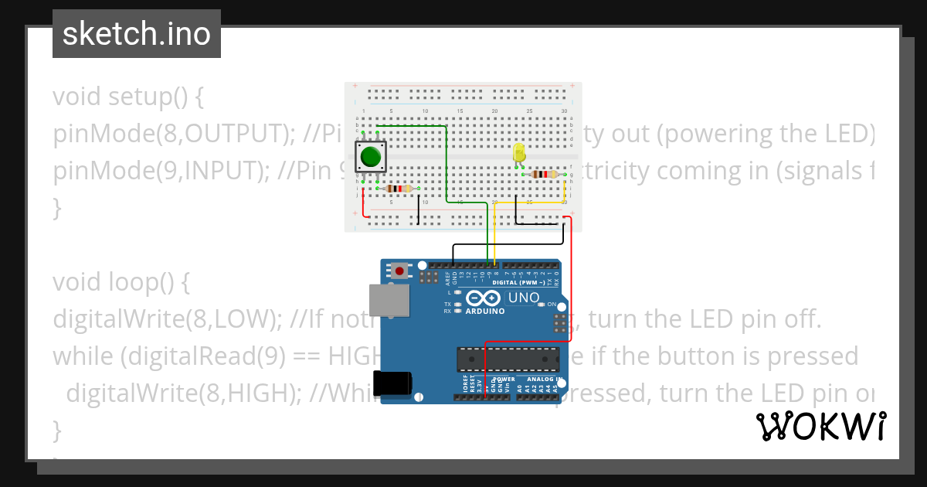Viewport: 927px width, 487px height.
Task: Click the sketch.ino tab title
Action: tap(136, 34)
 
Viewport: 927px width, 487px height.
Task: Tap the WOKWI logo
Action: tap(820, 426)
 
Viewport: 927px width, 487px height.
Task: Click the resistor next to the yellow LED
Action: tap(545, 175)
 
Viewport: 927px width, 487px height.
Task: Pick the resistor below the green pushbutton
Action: tap(397, 189)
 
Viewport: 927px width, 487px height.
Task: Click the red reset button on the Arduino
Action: tap(399, 271)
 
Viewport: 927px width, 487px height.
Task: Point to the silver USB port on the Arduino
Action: tap(389, 300)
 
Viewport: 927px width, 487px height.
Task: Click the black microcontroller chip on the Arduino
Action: tap(508, 359)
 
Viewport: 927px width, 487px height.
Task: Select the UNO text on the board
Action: tap(525, 298)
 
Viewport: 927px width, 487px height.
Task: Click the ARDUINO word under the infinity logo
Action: tap(485, 312)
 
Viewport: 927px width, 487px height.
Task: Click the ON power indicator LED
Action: tap(542, 305)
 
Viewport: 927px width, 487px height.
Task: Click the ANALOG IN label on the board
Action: tap(543, 380)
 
